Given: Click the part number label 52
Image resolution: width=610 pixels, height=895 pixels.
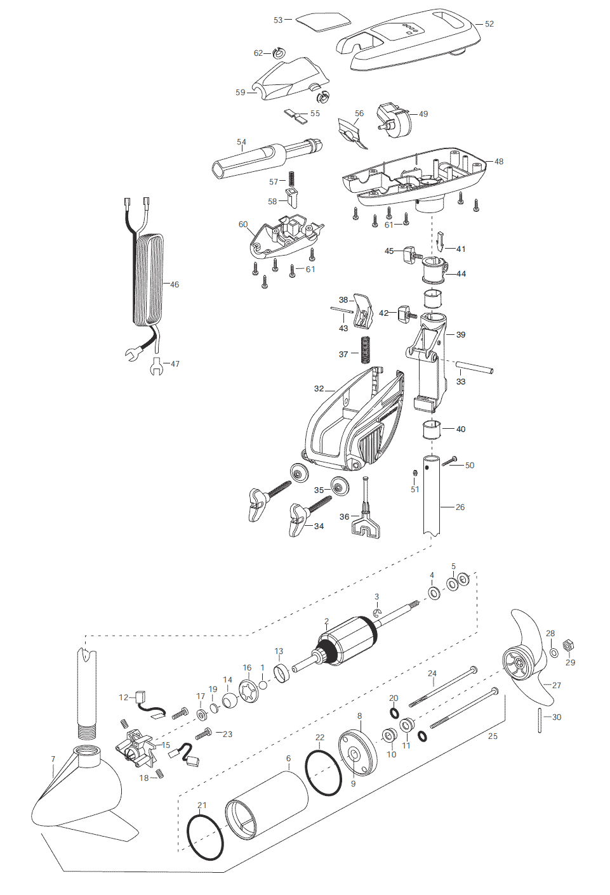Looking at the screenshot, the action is coord(489,24).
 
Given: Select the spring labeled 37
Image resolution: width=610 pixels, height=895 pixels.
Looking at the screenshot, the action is coord(364,350).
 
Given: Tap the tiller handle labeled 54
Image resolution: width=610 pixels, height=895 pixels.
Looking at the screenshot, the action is coord(266,157).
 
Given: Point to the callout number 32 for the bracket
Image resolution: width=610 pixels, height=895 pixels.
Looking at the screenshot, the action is coord(319,389).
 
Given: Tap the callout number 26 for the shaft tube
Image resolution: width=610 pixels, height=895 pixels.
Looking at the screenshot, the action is coord(460,507).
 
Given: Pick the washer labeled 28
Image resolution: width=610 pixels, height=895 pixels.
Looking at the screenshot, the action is coord(554,653).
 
